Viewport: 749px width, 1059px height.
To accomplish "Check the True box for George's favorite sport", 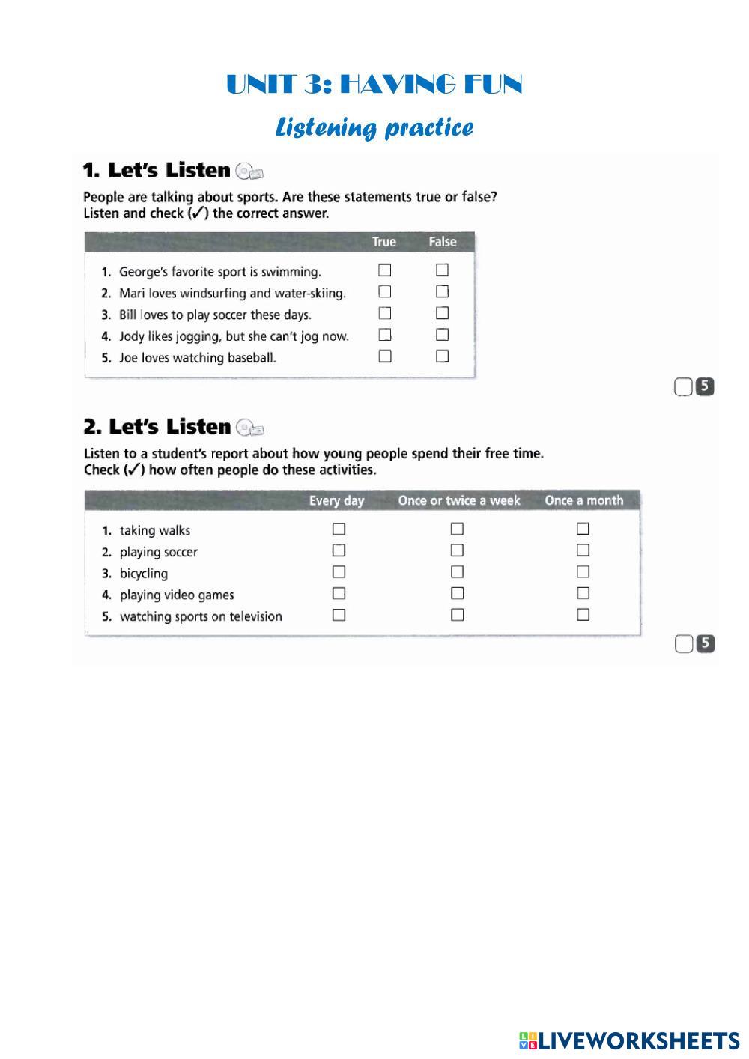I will coord(385,270).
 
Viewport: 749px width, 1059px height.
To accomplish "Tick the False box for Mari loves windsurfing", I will coord(443,291).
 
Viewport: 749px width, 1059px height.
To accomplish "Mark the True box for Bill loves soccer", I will coord(385,313).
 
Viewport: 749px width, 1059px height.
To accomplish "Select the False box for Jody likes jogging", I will coord(443,335).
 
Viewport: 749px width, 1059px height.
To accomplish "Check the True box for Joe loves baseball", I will coord(385,356).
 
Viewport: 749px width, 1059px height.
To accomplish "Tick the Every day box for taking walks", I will coord(339,529).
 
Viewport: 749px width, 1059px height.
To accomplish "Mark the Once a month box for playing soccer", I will coord(583,550).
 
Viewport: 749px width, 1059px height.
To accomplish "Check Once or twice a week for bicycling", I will coord(457,572).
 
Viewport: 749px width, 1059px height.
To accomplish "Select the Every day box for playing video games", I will coord(339,594).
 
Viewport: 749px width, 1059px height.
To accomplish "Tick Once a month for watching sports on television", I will coord(583,615).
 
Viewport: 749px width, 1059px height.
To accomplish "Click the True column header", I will coord(384,242).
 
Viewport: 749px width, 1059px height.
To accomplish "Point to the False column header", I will coord(443,242).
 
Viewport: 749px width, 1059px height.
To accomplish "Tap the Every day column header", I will coord(336,500).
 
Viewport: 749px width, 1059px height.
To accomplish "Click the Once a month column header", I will coord(584,500).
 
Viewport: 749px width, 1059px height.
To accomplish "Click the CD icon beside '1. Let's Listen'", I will coord(249,172).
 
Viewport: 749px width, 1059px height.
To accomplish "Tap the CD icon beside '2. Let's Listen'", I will coord(249,428).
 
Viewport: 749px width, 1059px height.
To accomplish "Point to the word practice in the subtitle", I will coord(429,127).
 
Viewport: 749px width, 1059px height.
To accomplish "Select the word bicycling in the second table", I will coord(144,574).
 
